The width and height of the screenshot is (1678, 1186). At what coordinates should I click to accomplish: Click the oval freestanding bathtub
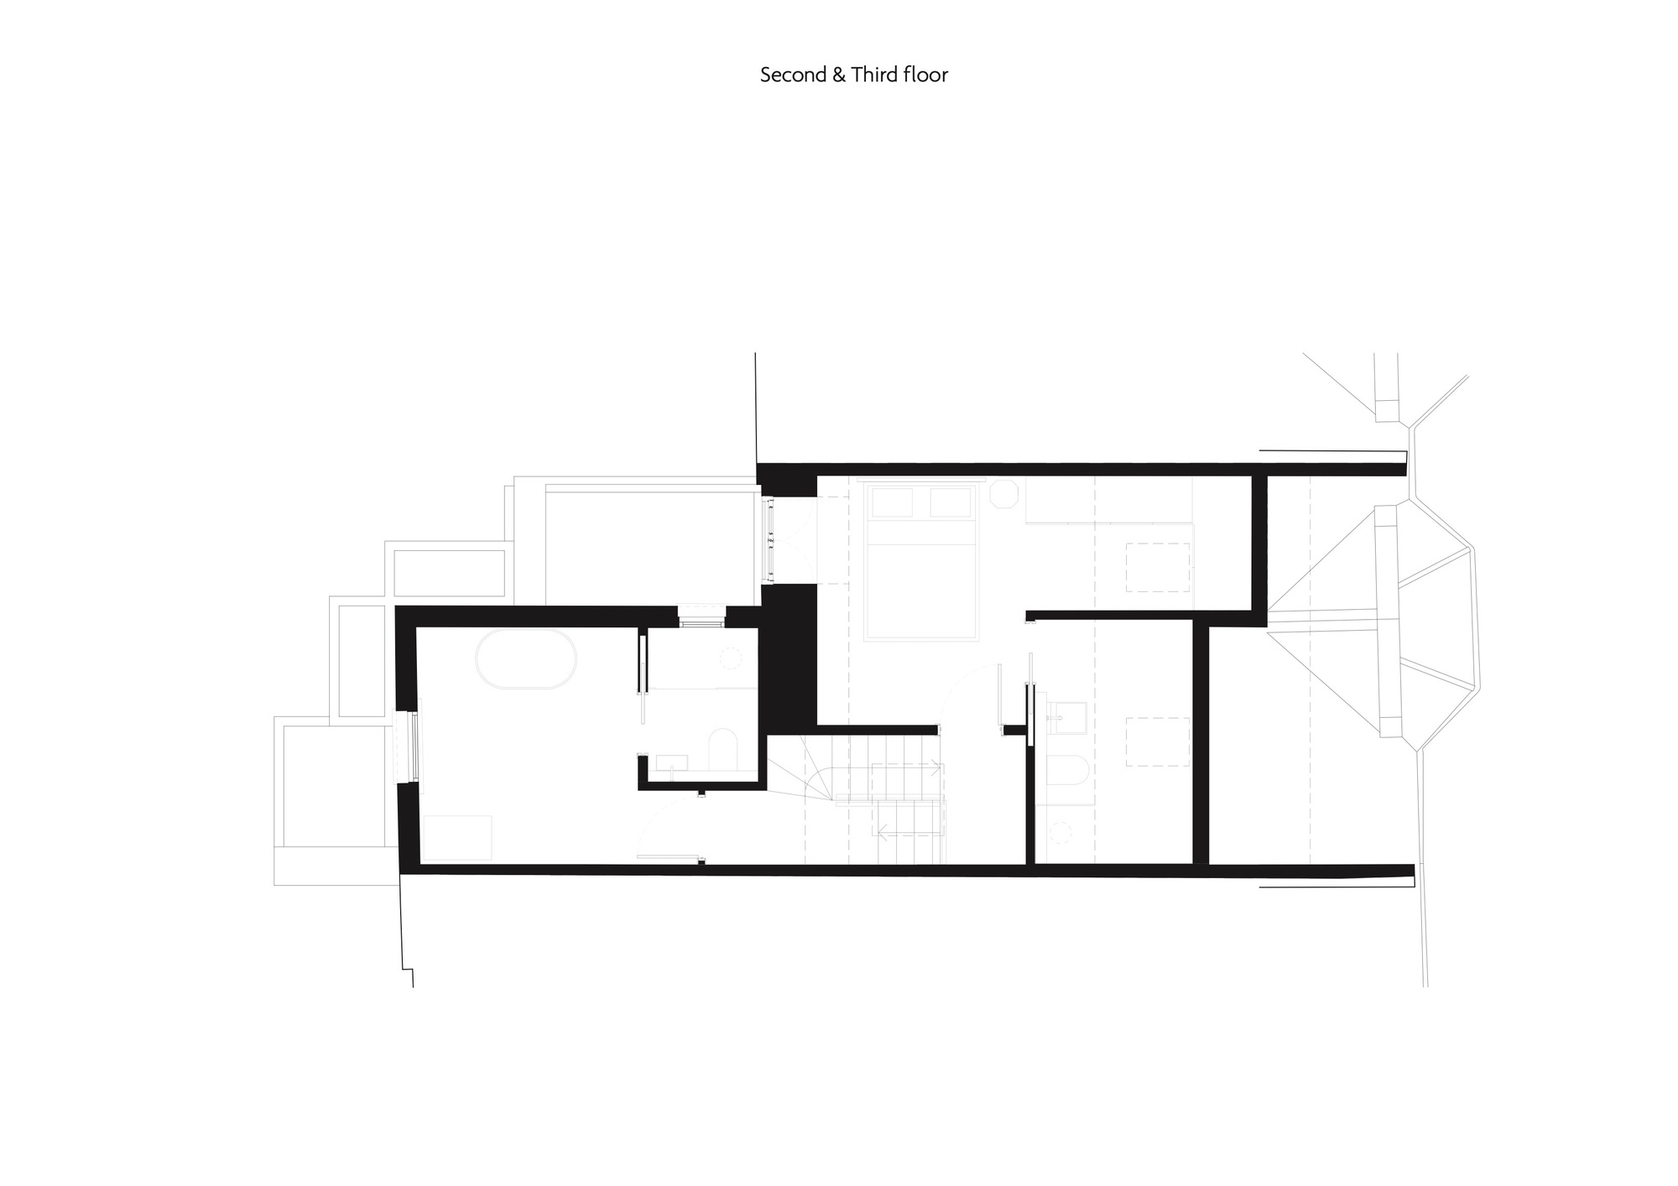(x=527, y=661)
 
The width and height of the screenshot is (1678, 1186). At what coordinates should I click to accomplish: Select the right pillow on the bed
(x=951, y=503)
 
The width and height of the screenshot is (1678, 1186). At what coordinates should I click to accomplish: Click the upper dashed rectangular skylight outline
(x=1157, y=568)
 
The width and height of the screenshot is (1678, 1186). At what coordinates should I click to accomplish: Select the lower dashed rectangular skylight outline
(x=1157, y=741)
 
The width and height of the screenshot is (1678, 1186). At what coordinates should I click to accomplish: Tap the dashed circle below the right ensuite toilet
(x=1063, y=833)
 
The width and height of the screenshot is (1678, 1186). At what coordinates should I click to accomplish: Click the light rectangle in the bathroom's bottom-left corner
(x=457, y=837)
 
